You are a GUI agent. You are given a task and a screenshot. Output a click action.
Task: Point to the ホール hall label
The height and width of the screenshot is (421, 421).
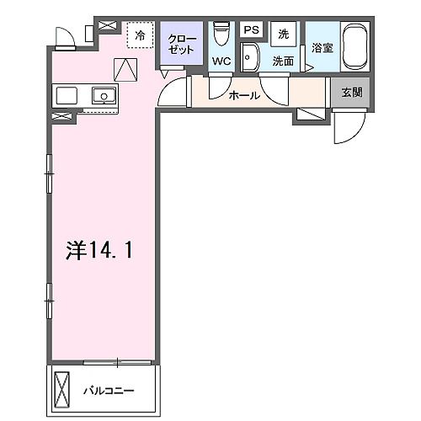pyautogui.click(x=244, y=96)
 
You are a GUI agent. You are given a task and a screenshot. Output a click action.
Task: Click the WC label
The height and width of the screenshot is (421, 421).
pyautogui.click(x=222, y=61)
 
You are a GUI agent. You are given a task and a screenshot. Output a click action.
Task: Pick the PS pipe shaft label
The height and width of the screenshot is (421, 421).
pyautogui.click(x=251, y=30)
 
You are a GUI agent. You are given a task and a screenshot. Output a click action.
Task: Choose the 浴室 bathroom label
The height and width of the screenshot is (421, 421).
pyautogui.click(x=322, y=48)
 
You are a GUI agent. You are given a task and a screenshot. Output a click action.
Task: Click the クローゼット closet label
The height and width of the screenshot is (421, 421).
pyautogui.click(x=181, y=44)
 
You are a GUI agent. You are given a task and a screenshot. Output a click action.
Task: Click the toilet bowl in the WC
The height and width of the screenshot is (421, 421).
pyautogui.click(x=221, y=33)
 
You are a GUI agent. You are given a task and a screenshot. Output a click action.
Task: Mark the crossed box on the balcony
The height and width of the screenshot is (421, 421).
pyautogui.click(x=64, y=389)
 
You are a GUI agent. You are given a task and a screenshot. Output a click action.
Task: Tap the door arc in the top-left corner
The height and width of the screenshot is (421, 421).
pyautogui.click(x=64, y=35)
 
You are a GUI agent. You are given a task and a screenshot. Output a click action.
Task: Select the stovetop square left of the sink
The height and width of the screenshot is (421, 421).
pyautogui.click(x=67, y=94)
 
